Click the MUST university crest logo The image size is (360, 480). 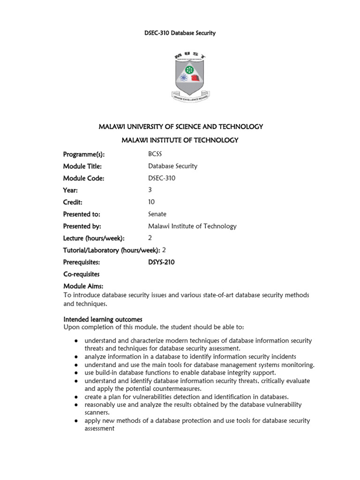tap(190, 76)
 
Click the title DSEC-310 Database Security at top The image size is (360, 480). tap(180, 33)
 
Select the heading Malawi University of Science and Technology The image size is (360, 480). tap(180, 127)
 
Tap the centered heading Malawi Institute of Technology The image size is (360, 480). tap(180, 140)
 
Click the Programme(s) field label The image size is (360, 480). tap(84, 154)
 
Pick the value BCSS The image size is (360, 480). tap(156, 154)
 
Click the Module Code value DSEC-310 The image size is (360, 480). tap(162, 178)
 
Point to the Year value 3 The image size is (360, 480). tap(150, 190)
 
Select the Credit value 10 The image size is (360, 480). tap(151, 202)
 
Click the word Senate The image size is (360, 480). tap(157, 214)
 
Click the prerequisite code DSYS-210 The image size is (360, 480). tap(161, 262)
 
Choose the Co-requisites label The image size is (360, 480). tap(82, 274)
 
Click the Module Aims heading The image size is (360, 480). tap(83, 286)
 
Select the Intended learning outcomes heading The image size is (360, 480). tap(103, 319)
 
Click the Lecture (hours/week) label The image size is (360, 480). tap(94, 238)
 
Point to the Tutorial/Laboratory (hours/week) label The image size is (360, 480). tap(112, 250)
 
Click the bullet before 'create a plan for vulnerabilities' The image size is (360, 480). tap(76, 397)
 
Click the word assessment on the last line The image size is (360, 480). tap(99, 428)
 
